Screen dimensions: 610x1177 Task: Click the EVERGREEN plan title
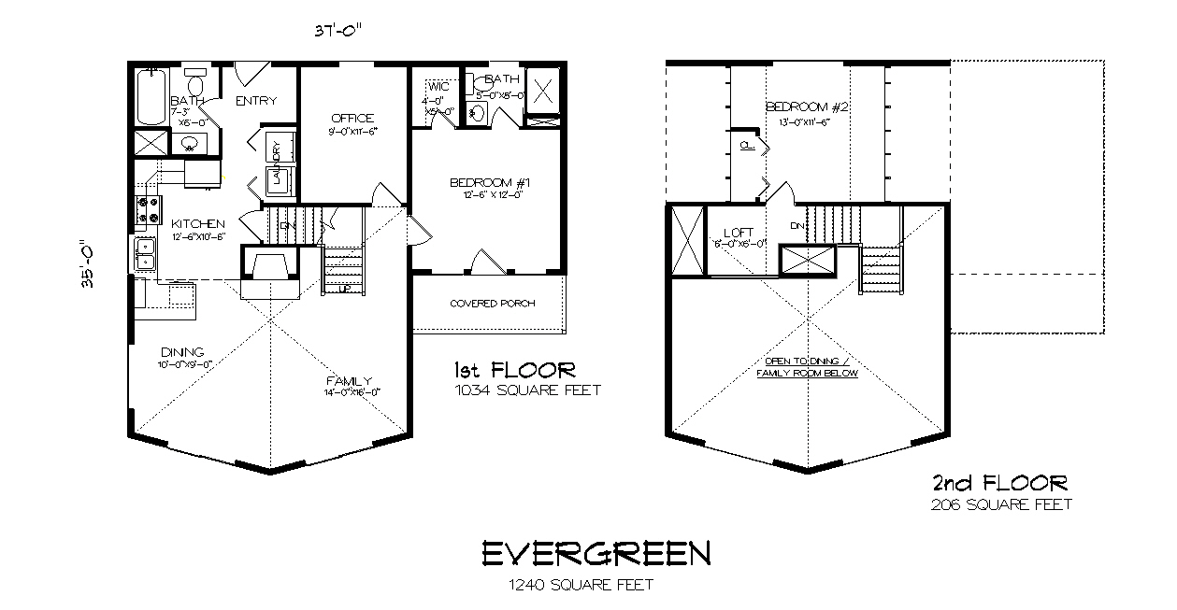[x=596, y=554]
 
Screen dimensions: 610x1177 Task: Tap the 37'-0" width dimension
[x=337, y=30]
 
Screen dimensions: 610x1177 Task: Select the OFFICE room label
[x=352, y=119]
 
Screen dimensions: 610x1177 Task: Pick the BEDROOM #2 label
[x=806, y=106]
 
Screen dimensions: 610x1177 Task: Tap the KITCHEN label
[x=198, y=224]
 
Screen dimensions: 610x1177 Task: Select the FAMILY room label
[x=350, y=380]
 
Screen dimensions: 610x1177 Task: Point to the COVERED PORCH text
[x=487, y=304]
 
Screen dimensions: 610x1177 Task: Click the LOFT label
[x=739, y=233]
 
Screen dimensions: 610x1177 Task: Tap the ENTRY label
[x=255, y=101]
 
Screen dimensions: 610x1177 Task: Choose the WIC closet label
[x=438, y=87]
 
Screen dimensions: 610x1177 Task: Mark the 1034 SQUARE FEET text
[x=527, y=390]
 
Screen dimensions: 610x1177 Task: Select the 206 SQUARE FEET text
[x=1001, y=504]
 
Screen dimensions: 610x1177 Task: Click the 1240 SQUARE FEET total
[x=581, y=586]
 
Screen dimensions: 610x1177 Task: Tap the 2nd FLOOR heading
[x=999, y=483]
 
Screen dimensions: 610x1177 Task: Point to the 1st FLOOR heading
[x=514, y=369]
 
